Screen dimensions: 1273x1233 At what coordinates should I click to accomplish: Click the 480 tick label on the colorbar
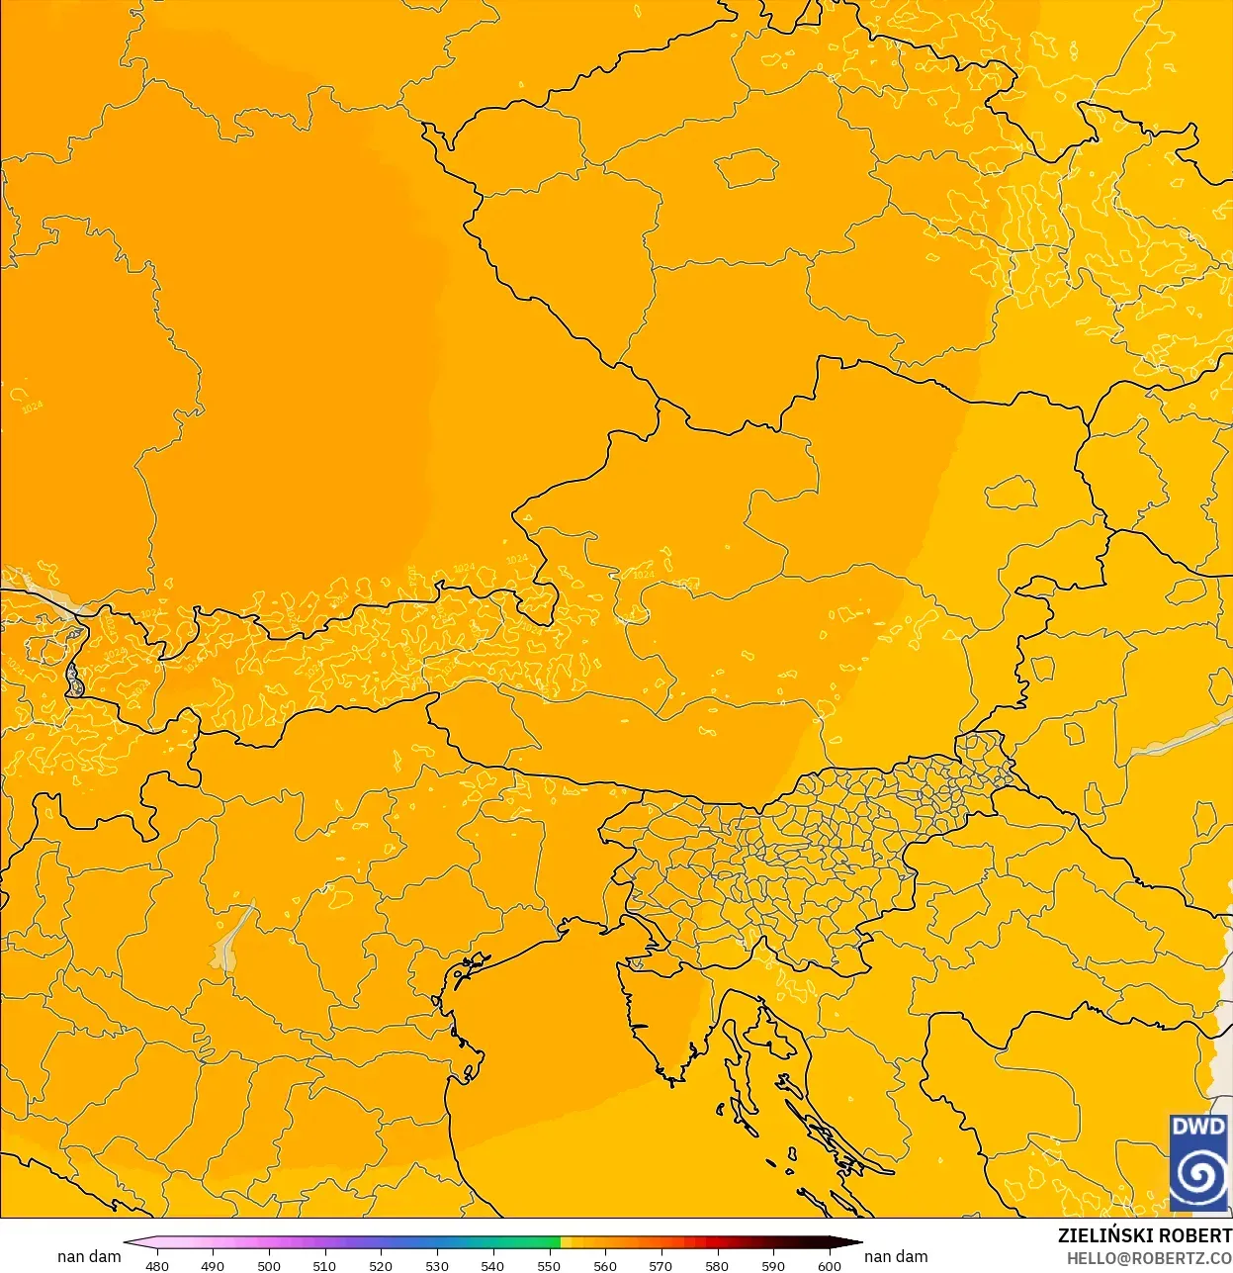click(x=156, y=1265)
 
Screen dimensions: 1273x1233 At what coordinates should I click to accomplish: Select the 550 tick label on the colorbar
click(x=548, y=1265)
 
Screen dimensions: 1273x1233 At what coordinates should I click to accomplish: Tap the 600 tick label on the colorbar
click(x=829, y=1265)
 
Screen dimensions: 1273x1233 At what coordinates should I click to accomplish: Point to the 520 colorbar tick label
click(x=381, y=1265)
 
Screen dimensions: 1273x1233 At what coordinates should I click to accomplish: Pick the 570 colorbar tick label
click(x=661, y=1265)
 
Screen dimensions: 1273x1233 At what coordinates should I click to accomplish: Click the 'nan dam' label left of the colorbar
click(x=89, y=1256)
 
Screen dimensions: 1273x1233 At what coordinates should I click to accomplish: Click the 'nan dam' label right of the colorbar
click(x=896, y=1256)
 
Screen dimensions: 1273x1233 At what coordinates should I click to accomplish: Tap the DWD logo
click(x=1198, y=1162)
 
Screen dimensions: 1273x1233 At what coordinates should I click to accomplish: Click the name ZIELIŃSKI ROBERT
click(x=1144, y=1235)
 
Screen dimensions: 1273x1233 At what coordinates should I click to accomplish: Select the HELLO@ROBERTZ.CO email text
click(x=1149, y=1258)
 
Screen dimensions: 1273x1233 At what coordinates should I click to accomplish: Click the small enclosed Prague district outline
click(x=747, y=167)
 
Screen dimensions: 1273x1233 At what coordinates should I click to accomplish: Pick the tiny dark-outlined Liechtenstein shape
click(x=74, y=680)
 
